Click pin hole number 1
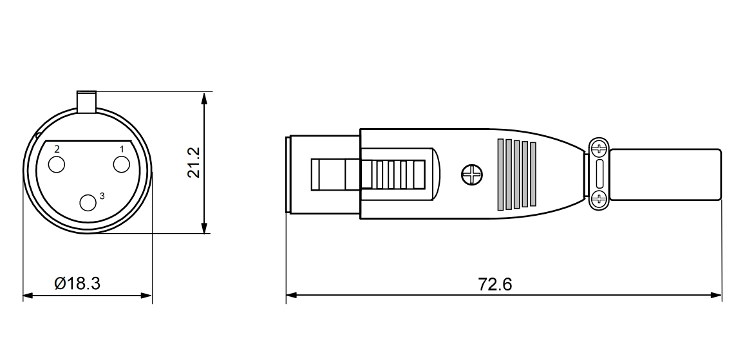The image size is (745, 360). [122, 164]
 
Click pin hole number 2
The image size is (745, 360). [57, 164]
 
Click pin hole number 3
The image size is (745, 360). [88, 203]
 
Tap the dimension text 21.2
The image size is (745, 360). [194, 162]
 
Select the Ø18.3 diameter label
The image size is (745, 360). [77, 284]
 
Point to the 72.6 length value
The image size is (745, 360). [495, 285]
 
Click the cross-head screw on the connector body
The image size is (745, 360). [472, 175]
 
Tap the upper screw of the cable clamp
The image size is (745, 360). [599, 149]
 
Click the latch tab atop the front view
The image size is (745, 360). [86, 102]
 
